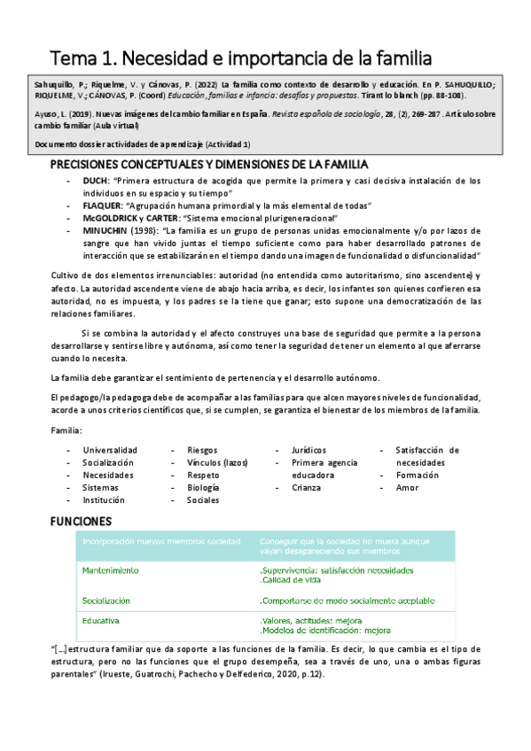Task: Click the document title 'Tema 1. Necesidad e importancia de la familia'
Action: coord(240,58)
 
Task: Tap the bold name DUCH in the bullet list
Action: coord(94,180)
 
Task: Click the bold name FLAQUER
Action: coord(101,205)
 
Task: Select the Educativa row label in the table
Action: coord(101,621)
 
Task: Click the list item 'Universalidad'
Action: coord(110,450)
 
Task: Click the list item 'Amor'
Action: coord(407,487)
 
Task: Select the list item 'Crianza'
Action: coord(306,487)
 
